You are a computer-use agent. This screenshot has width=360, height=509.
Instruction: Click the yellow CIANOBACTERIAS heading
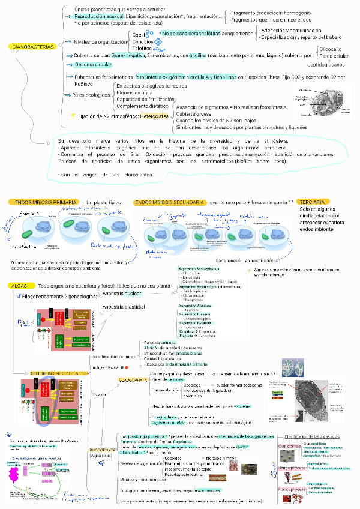point(32,46)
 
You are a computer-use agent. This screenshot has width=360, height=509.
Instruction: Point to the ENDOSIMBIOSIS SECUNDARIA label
point(170,203)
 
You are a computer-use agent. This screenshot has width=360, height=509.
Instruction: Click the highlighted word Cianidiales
point(289,447)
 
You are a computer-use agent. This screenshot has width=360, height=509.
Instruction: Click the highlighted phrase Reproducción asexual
point(102,17)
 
